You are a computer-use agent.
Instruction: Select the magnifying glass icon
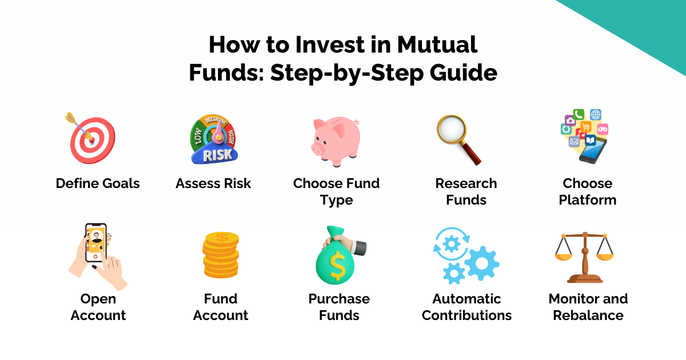coord(457,138)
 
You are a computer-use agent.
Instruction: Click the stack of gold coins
coord(221,257)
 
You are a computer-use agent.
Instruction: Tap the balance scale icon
coord(584,257)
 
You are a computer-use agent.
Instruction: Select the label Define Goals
coord(98,183)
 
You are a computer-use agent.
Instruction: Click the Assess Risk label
coord(213,183)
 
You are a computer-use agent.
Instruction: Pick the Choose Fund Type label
coord(336,191)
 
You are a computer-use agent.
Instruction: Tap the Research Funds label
coord(466,191)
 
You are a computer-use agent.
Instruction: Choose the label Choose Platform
coord(588,191)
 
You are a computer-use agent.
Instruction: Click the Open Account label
coord(98,307)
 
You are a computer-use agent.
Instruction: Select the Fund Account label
coord(221,307)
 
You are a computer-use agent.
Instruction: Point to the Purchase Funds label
coord(339,307)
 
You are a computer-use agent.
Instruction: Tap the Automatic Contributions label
coord(466,307)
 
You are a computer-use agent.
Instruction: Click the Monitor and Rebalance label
coord(588,307)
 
